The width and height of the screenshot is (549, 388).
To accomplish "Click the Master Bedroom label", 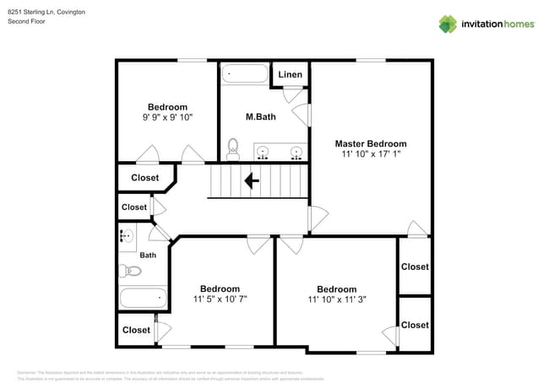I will [370, 143].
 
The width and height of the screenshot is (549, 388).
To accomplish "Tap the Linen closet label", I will [290, 75].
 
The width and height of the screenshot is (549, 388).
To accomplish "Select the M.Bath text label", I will [260, 116].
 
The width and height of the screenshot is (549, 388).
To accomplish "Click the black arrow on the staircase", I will [252, 180].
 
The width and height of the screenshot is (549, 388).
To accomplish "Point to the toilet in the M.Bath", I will [233, 149].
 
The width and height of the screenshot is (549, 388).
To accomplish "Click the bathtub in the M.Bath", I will [244, 75].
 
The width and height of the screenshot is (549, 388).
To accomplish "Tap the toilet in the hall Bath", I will [130, 272].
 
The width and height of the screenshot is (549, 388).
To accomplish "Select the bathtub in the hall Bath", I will [143, 298].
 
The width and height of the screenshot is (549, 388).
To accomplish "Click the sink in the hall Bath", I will [127, 237].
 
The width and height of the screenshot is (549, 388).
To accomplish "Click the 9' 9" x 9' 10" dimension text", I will [167, 118].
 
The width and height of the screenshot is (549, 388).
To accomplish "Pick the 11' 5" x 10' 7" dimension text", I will [220, 299].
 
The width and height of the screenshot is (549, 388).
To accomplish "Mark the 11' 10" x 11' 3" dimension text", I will [336, 299].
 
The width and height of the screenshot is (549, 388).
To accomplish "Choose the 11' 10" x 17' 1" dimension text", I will [370, 154].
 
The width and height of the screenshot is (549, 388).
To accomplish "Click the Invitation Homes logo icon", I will [448, 24].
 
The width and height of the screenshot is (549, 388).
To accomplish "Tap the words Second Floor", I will [26, 21].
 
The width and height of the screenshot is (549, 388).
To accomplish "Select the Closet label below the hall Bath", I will [136, 330].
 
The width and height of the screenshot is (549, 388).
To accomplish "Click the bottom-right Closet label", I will [415, 325].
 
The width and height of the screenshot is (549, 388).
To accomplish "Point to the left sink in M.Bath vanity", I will [264, 153].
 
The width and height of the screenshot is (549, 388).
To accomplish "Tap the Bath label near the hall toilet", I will [148, 255].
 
